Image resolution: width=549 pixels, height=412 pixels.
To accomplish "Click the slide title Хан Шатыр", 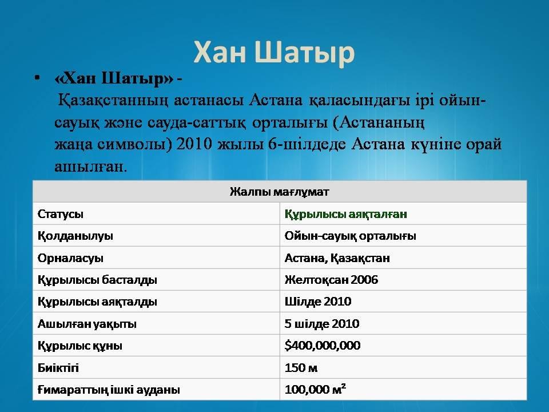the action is tap(274, 53).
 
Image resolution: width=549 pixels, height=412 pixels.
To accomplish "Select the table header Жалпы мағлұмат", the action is tap(280, 192).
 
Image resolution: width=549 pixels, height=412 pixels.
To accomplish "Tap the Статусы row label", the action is tap(60, 214).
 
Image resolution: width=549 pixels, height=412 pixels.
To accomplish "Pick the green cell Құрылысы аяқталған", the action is tap(345, 214).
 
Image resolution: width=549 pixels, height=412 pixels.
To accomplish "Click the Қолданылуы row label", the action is tap(75, 236).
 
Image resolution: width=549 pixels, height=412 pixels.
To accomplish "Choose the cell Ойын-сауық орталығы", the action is tap(350, 236).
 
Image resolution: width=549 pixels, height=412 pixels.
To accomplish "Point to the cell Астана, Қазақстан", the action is tap(337, 258).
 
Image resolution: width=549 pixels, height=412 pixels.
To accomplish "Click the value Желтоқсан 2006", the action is tap(331, 280).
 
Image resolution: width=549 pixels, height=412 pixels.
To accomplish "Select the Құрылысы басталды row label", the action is tap(97, 280).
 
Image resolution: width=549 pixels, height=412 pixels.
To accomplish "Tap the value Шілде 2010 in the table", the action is tap(317, 302).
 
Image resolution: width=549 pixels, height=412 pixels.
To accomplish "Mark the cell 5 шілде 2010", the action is tap(322, 324).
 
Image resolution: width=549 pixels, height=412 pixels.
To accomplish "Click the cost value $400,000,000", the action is tap(323, 346).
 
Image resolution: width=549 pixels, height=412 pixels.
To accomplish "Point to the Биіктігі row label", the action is tap(58, 368).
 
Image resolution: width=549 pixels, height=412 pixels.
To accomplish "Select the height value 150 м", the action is tap(301, 368).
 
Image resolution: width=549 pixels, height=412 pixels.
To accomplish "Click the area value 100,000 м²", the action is tap(315, 389).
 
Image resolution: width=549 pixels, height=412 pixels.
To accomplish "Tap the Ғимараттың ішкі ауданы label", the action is tap(109, 390).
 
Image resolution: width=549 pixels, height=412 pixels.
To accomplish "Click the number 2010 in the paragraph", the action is tap(194, 144).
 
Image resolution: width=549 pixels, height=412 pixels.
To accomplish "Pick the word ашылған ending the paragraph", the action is tap(90, 167).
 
